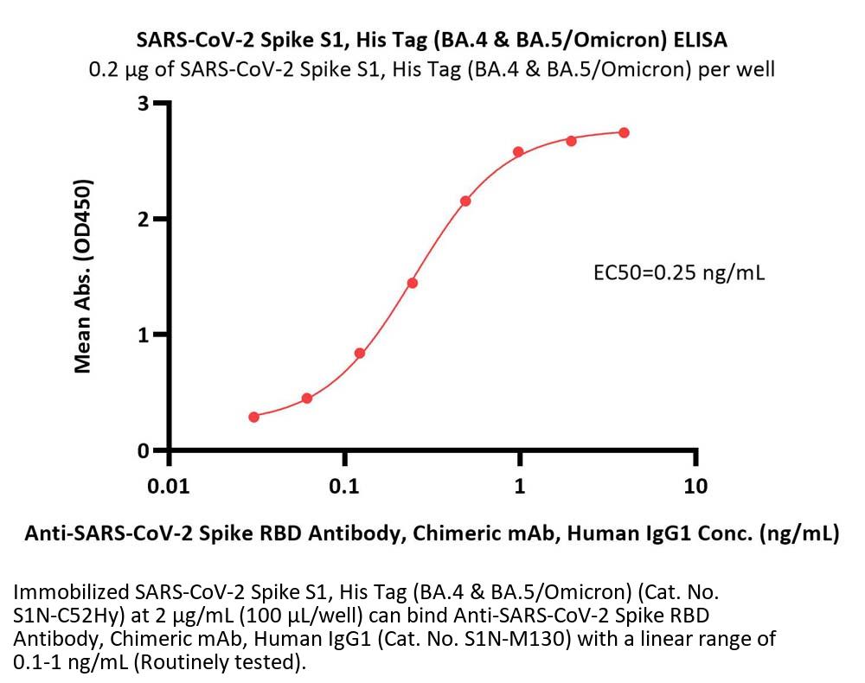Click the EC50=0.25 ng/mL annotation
679,273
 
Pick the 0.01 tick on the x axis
169,486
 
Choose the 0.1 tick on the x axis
344,486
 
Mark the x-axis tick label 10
695,486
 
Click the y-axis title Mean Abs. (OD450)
83,277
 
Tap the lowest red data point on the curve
253,417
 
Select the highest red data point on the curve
624,132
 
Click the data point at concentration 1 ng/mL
518,152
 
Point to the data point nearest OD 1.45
413,283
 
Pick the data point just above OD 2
465,201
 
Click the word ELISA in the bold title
702,40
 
